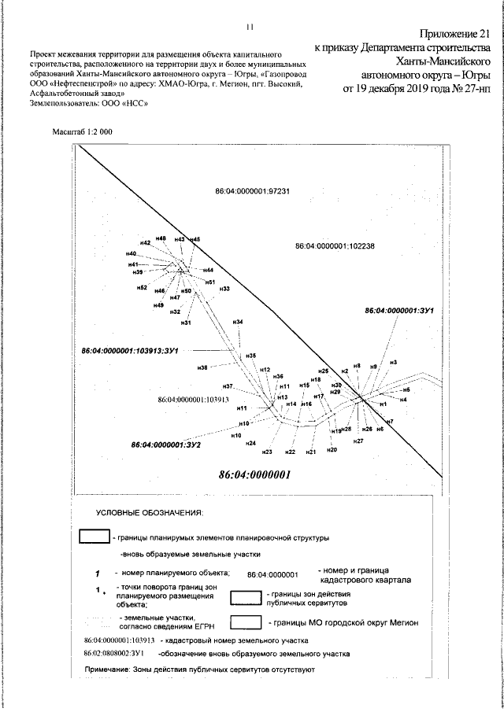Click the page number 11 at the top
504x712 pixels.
coord(249,26)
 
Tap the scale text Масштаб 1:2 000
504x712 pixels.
coord(82,133)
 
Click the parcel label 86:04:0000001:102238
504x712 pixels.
coord(335,246)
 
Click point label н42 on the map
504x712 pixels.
coord(145,243)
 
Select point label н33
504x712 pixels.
coord(224,290)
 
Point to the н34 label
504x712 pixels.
coord(238,323)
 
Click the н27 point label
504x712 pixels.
coord(358,442)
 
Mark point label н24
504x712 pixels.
coord(251,444)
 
